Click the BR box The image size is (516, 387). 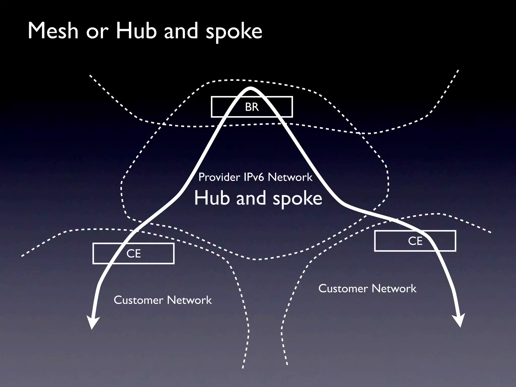pyautogui.click(x=252, y=107)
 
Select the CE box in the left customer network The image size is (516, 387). pyautogui.click(x=134, y=253)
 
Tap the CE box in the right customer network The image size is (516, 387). pyautogui.click(x=415, y=241)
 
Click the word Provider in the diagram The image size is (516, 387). pyautogui.click(x=219, y=177)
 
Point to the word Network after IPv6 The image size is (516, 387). pyautogui.click(x=290, y=177)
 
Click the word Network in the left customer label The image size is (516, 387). pyautogui.click(x=189, y=300)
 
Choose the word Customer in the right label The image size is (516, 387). pyautogui.click(x=343, y=288)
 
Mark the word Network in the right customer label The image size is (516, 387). pyautogui.click(x=394, y=288)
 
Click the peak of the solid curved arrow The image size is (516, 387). pyautogui.click(x=250, y=88)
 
